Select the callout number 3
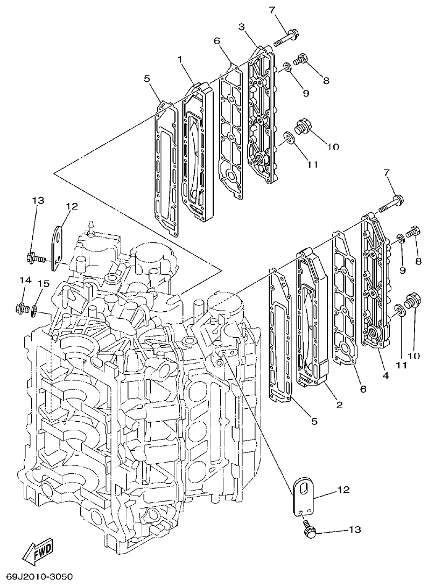coord(242,26)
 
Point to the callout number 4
coord(385,375)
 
